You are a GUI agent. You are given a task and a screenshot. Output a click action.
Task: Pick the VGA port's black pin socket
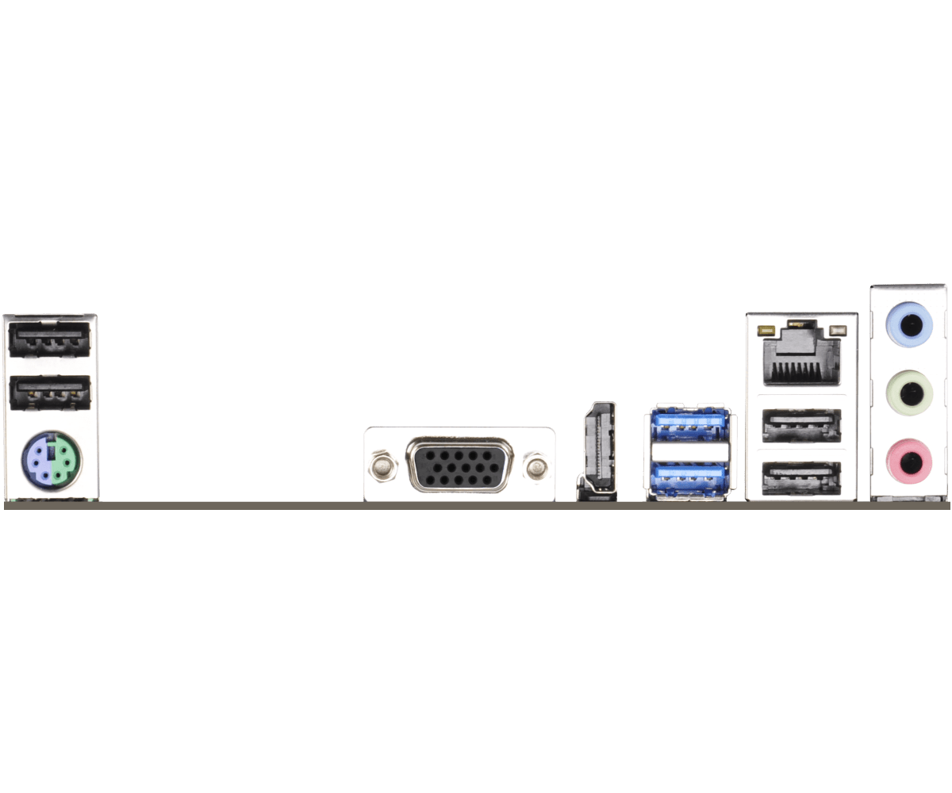(x=459, y=465)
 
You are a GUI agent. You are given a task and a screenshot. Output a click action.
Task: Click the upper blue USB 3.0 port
(x=689, y=425)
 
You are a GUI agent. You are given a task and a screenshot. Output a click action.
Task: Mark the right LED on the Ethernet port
(x=837, y=328)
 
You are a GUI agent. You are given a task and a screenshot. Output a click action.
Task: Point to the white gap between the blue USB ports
(x=689, y=450)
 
